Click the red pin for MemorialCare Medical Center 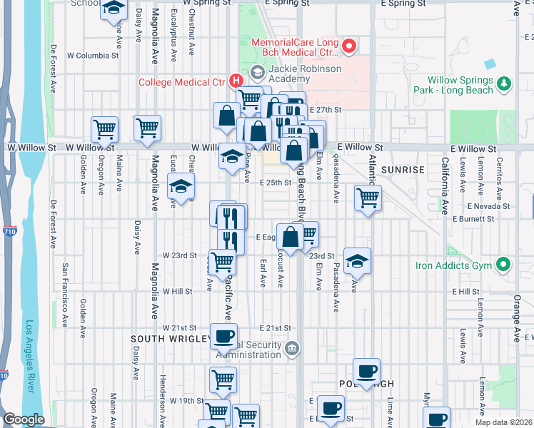pyautogui.click(x=349, y=47)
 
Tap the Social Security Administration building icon pyautogui.click(x=291, y=348)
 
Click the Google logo pyautogui.click(x=24, y=420)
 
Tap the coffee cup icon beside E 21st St pyautogui.click(x=224, y=336)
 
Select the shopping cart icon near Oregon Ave pyautogui.click(x=104, y=130)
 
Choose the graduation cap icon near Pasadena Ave pyautogui.click(x=357, y=261)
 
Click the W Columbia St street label pyautogui.click(x=93, y=55)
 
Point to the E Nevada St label pyautogui.click(x=489, y=205)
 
